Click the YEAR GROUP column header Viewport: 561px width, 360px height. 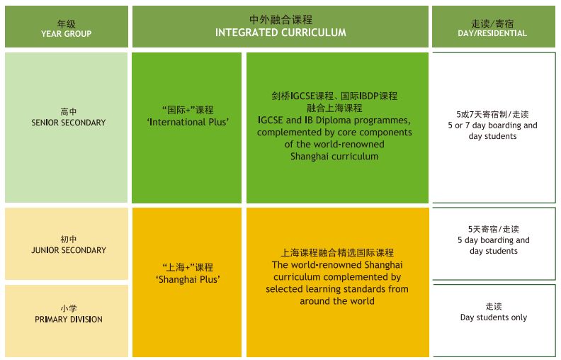tap(67, 33)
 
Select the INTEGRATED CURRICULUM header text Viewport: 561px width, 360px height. tap(280, 33)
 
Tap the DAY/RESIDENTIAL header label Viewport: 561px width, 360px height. tap(494, 33)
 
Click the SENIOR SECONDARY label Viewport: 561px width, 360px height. tap(68, 123)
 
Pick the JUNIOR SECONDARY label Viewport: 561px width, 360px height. tap(68, 250)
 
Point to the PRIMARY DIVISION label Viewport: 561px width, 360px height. tap(68, 320)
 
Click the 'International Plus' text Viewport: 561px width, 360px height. tap(188, 122)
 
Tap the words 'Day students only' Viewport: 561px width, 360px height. tap(494, 317)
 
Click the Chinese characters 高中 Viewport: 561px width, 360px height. tap(68, 111)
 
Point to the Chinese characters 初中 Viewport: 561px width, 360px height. tap(68, 239)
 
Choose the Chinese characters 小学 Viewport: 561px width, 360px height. tap(68, 308)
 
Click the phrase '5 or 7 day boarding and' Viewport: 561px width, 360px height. tap(494, 125)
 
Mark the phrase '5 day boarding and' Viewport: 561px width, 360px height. tap(494, 240)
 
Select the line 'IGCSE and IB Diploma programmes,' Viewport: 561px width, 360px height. tap(334, 120)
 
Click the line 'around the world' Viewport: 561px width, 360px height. tap(337, 300)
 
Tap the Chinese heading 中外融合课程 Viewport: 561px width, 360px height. tap(280, 20)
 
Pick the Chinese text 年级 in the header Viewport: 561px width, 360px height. tap(67, 23)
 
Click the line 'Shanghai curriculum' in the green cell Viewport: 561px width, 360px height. tap(334, 157)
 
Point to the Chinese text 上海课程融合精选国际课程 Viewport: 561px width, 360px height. tap(337, 252)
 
